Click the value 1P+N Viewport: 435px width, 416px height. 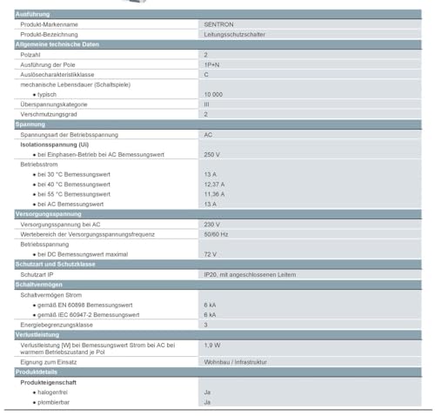point(211,64)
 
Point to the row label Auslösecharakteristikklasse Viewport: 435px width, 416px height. point(57,74)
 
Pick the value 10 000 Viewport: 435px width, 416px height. point(213,94)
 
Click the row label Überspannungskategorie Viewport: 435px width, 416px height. point(54,104)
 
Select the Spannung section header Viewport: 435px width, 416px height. point(30,124)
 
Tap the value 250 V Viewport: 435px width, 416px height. point(212,154)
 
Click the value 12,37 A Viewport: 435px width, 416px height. point(214,184)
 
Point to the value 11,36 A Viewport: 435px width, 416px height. point(214,193)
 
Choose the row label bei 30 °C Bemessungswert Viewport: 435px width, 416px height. point(74,174)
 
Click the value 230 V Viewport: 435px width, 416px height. point(212,224)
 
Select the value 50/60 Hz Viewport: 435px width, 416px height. point(216,233)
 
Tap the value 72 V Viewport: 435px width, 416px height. point(210,253)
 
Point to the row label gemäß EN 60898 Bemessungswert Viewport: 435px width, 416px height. point(84,305)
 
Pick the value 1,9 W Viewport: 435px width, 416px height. point(211,346)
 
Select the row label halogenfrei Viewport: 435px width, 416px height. point(54,393)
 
